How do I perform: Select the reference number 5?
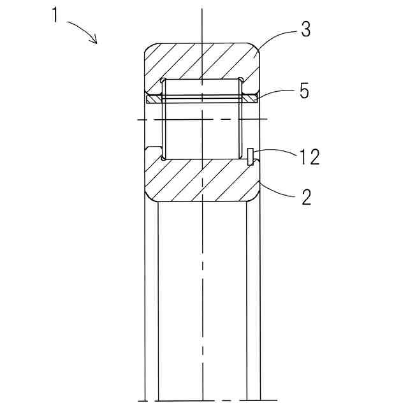303,91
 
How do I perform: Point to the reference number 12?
309,156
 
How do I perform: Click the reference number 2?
306,197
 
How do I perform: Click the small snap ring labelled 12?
249,156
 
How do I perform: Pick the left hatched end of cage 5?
154,99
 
